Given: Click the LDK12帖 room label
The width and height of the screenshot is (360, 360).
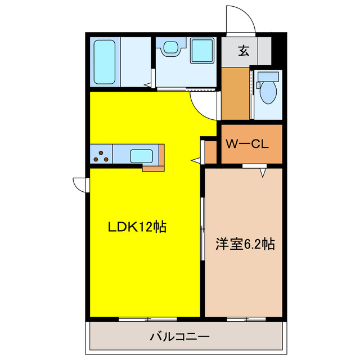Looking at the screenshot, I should click(x=137, y=227).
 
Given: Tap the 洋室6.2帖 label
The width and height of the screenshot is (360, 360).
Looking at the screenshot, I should click(x=245, y=245).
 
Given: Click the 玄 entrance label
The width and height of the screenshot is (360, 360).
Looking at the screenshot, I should click(x=244, y=51).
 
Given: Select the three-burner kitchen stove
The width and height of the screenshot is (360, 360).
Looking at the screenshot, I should click(x=101, y=155).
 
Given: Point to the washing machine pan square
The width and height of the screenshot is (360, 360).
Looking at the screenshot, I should click(x=202, y=51).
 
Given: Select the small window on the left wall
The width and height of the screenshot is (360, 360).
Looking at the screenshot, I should click(x=80, y=184).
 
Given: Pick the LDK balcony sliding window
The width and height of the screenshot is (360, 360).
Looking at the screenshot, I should click(x=147, y=319).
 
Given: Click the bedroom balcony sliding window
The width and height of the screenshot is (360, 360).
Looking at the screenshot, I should click(x=246, y=319).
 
